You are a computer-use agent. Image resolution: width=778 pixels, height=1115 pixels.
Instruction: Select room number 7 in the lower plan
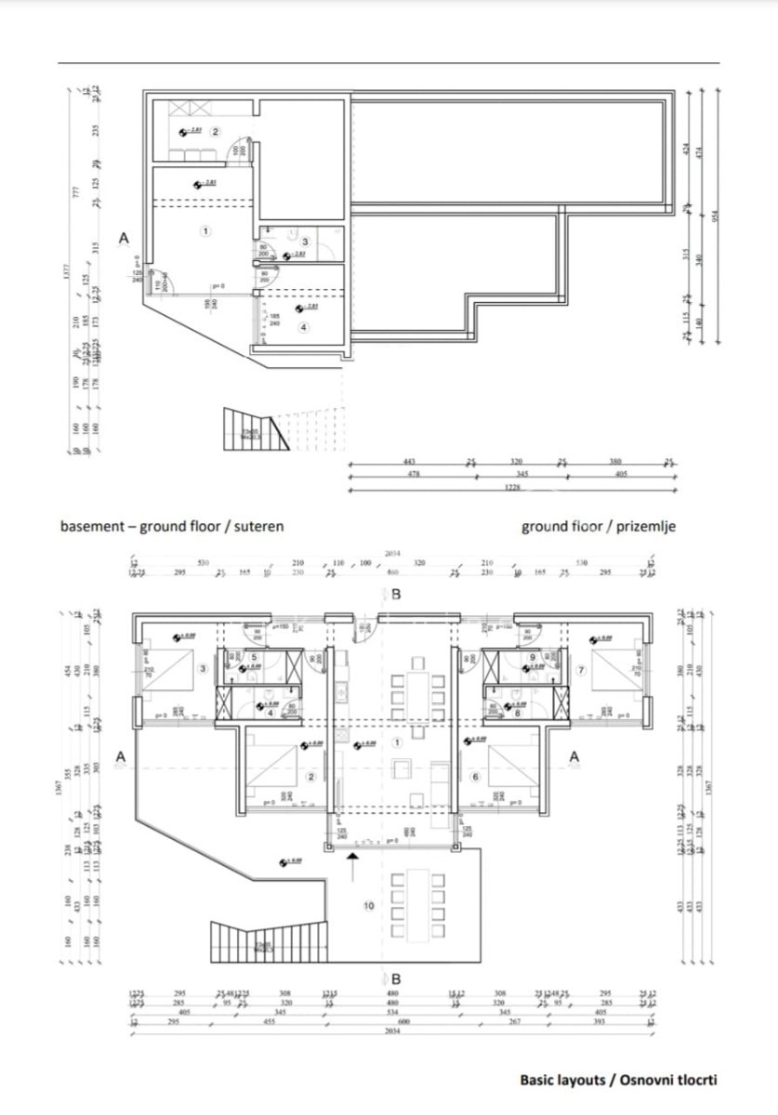click(580, 669)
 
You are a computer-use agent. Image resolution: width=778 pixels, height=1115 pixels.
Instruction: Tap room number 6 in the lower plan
click(474, 777)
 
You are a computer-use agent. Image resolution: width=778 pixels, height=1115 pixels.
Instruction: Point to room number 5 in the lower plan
click(254, 657)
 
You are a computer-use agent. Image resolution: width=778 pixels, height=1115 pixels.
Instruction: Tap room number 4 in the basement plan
click(303, 327)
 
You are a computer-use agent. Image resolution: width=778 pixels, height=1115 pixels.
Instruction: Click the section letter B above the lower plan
click(396, 595)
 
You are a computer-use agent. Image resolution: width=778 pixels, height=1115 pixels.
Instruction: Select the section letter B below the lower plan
click(396, 978)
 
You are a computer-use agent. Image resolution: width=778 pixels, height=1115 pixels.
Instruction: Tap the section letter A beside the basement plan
click(124, 240)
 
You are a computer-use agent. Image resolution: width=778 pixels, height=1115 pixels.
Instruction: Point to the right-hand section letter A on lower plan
click(574, 757)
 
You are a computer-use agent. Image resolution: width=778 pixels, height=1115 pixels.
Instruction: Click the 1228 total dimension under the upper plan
click(508, 490)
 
